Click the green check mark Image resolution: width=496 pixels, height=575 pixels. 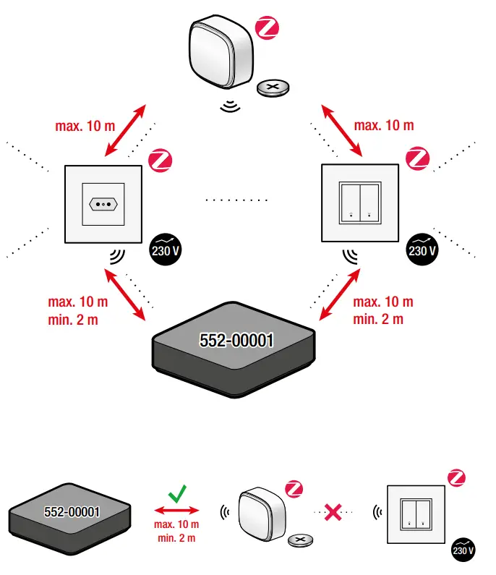[176, 494]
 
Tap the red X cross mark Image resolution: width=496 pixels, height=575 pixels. [333, 512]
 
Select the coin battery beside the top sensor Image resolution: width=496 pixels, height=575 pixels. [275, 89]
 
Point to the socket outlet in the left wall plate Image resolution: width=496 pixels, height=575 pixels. [104, 204]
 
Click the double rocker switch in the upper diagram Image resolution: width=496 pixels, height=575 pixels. [359, 203]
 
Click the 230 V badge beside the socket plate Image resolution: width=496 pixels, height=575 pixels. [166, 251]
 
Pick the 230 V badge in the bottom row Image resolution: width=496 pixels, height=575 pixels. [463, 550]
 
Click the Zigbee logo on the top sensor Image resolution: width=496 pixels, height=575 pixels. [267, 29]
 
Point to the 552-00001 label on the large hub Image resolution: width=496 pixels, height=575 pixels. [236, 339]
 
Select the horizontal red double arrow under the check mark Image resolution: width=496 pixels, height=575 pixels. [176, 512]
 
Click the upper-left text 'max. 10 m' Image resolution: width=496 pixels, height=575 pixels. [85, 125]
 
